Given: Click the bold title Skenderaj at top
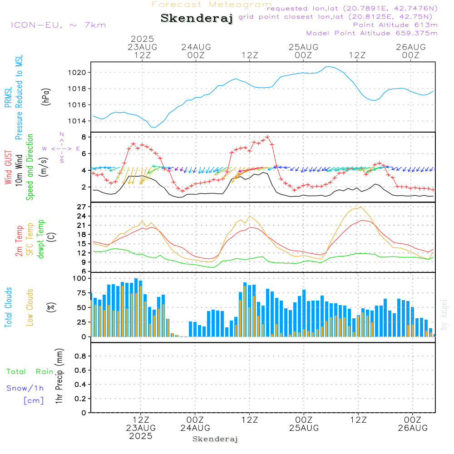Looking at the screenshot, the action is tap(197, 18).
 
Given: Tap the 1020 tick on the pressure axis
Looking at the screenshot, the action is tap(77, 72).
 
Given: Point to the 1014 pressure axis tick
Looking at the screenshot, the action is tap(77, 121).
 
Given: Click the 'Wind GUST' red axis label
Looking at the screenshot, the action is tap(8, 168).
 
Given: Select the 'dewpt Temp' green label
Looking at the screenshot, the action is tap(40, 239).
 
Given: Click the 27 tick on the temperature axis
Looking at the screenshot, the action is tap(82, 207).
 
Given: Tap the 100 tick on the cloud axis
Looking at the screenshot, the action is tap(79, 278).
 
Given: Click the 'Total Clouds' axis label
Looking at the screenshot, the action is tap(8, 307).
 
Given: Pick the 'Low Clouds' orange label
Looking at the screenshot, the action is tap(30, 307).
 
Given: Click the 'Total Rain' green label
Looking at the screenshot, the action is tap(30, 372).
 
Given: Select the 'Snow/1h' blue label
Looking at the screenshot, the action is tap(25, 388).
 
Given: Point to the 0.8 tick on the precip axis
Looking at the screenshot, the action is tap(80, 356).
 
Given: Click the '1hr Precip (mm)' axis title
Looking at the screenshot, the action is tap(59, 376).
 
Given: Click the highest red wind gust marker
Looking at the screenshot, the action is tap(267, 137).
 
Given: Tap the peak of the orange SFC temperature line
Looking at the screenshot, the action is tap(360, 207).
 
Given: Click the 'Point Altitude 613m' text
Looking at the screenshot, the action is tap(395, 25).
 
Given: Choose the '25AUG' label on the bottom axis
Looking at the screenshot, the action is tap(304, 428).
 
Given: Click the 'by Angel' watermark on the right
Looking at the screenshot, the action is tap(444, 315).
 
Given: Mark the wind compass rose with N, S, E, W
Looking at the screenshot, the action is tap(62, 148).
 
